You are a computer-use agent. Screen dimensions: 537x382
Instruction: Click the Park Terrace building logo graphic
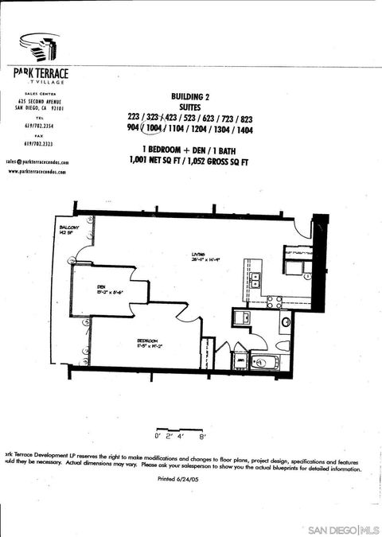(38, 49)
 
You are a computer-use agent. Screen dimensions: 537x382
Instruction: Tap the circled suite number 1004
(152, 129)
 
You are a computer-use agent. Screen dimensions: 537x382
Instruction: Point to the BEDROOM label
(146, 340)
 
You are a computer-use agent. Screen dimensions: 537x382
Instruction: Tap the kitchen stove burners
(275, 302)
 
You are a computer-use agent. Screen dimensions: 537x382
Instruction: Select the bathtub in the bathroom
(262, 364)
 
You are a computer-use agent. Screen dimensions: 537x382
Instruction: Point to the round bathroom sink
(285, 322)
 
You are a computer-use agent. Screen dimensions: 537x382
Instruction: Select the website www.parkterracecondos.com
(37, 171)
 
